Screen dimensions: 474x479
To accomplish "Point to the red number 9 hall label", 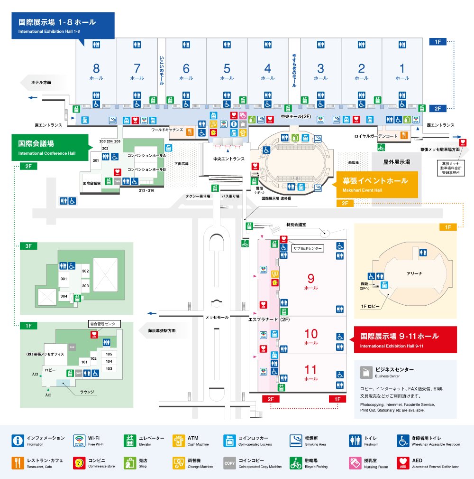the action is pyautogui.click(x=311, y=279).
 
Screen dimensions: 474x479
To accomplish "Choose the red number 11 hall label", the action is pyautogui.click(x=311, y=369).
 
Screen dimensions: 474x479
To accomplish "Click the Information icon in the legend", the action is pyautogui.click(x=18, y=441).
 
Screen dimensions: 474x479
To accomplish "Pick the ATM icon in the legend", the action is pyautogui.click(x=179, y=441).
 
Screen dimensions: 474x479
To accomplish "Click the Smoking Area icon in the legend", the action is pyautogui.click(x=296, y=441).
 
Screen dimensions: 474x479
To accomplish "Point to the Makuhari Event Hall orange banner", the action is pyautogui.click(x=377, y=184).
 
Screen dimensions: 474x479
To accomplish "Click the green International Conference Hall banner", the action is pyautogui.click(x=50, y=147).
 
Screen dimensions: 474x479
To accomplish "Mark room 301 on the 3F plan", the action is pyautogui.click(x=63, y=279).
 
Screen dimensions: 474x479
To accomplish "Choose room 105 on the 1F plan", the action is pyautogui.click(x=109, y=354).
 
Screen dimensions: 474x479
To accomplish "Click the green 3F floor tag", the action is pyautogui.click(x=28, y=246).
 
